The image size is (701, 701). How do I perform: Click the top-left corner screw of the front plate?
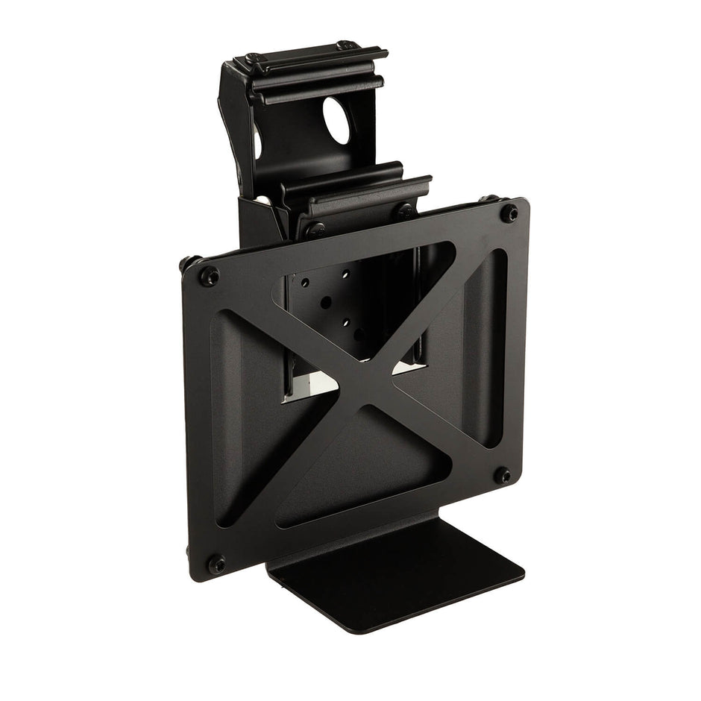click(210, 277)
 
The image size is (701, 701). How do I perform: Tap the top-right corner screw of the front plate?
click(509, 213)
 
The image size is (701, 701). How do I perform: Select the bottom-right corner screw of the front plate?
click(503, 475)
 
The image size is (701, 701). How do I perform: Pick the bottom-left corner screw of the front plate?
click(216, 564)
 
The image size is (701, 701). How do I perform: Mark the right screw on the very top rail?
click(345, 45)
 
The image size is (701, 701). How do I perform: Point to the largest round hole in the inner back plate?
click(326, 303)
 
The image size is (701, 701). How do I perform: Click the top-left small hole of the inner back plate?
click(305, 283)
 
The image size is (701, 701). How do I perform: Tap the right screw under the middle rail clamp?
click(406, 212)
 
